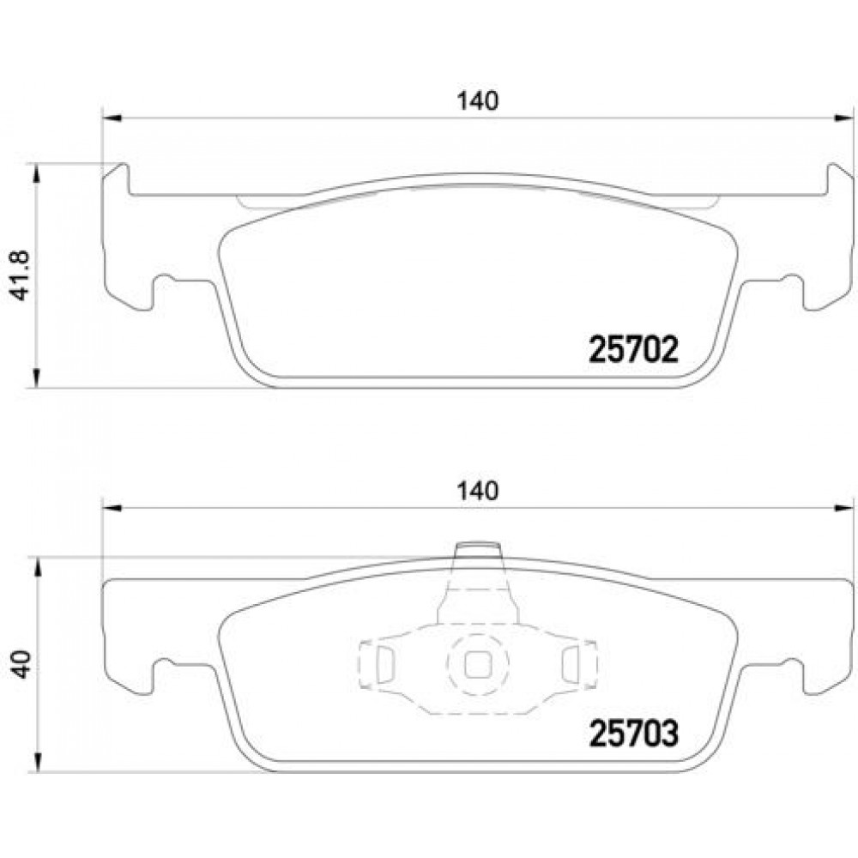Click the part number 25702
633,350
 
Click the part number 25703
633,734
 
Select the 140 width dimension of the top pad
478,101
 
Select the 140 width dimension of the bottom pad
478,491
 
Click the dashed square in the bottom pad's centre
478,665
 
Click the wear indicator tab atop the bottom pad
478,550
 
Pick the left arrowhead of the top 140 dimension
112,118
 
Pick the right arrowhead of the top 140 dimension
843,118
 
